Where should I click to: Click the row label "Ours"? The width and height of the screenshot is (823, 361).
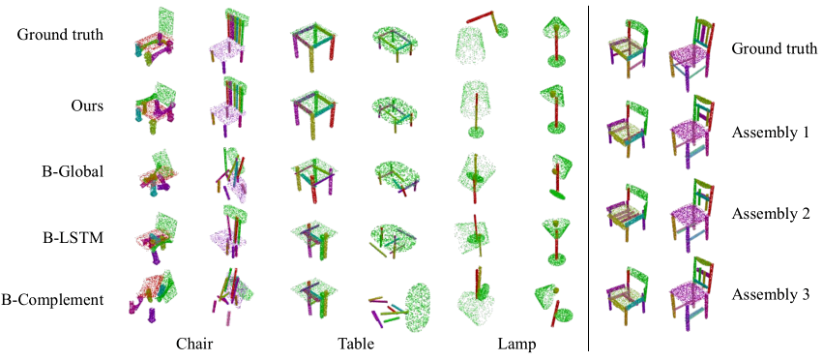[87, 105]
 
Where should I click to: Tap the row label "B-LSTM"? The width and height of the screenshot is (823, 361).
[73, 237]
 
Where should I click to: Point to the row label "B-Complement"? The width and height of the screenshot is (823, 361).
[52, 300]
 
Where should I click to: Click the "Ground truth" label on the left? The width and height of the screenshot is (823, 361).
[60, 35]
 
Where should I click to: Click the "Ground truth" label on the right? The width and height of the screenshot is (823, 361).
[775, 49]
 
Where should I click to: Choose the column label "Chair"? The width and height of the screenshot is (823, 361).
[194, 345]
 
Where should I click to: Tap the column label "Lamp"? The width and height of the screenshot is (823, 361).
[517, 345]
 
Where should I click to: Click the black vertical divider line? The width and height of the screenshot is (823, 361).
[588, 178]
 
